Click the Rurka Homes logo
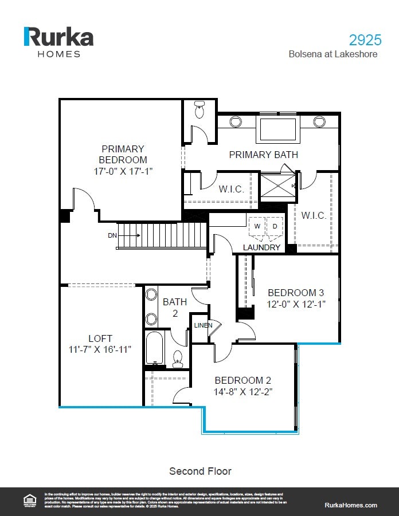(x=58, y=41)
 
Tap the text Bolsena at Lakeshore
(x=334, y=54)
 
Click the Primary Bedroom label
(x=123, y=155)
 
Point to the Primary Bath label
(x=263, y=155)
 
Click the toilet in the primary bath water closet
(x=199, y=109)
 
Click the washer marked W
(x=257, y=226)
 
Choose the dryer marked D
(x=275, y=226)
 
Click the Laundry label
(x=261, y=247)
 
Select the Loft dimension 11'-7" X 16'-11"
(x=100, y=349)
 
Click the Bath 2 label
(x=174, y=306)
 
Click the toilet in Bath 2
(x=178, y=359)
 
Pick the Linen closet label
(x=203, y=325)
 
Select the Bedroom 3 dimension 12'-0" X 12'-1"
(x=296, y=304)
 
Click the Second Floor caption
(x=200, y=471)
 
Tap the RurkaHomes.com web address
(x=351, y=505)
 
